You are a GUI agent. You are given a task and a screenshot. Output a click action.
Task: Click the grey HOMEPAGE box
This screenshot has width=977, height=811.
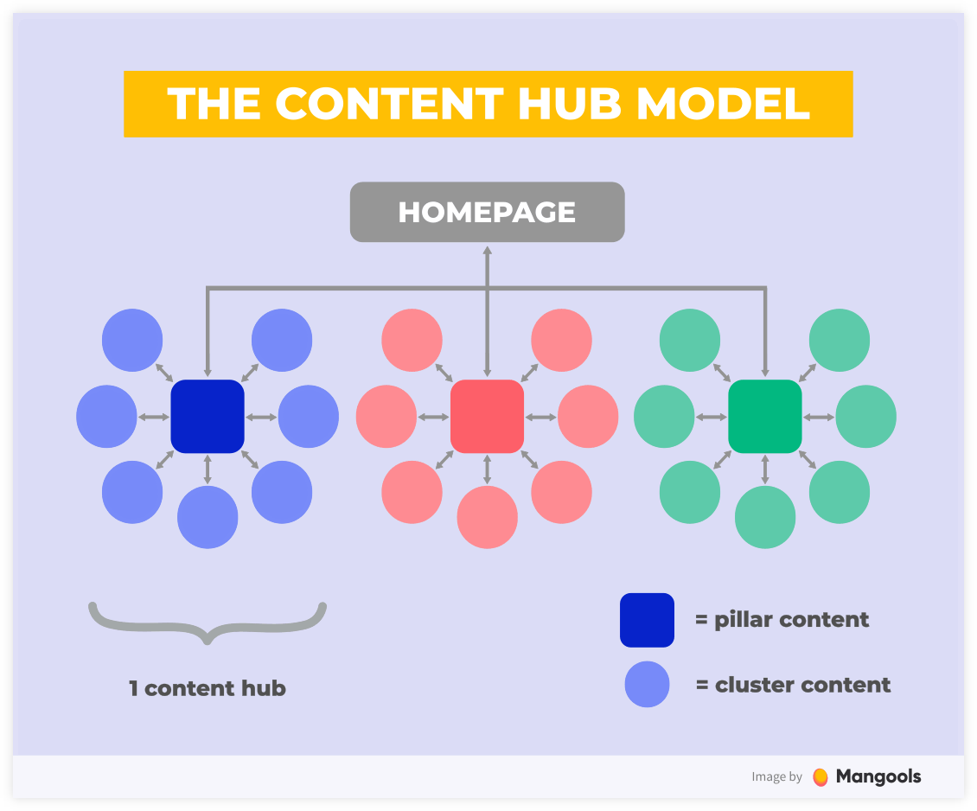(488, 212)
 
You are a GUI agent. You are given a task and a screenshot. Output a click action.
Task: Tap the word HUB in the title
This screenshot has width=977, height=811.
(570, 104)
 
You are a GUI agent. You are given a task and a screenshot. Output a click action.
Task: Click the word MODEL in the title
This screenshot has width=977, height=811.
(723, 104)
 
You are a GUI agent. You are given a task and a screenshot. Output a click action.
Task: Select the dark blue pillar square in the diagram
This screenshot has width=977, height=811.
(208, 416)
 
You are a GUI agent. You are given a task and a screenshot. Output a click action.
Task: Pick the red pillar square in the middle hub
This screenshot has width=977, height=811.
(488, 416)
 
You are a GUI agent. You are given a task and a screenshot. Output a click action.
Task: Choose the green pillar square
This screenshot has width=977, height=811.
(765, 416)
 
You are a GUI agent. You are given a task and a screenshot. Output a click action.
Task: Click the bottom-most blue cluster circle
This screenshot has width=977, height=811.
(208, 517)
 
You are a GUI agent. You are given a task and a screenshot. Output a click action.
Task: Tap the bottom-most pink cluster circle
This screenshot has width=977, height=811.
(488, 517)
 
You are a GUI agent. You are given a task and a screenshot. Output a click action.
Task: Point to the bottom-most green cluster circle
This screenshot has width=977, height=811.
(765, 517)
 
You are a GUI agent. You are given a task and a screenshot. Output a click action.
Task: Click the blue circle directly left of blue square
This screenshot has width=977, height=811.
(106, 416)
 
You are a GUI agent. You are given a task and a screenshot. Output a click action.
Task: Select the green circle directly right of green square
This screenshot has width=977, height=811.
(866, 416)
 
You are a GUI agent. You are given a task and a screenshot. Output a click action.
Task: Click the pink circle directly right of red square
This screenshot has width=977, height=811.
(588, 416)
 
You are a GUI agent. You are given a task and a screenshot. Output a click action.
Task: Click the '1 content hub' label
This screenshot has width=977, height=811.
(208, 688)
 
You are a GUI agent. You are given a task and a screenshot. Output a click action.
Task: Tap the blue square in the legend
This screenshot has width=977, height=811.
(647, 620)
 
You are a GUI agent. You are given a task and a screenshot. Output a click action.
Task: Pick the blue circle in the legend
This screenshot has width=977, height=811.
(648, 685)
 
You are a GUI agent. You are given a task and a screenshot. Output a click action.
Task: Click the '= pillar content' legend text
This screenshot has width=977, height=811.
(782, 620)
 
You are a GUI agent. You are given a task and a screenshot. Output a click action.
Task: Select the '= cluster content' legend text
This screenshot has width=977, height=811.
(793, 685)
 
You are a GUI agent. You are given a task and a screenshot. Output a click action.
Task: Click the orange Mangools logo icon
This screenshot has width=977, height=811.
(821, 776)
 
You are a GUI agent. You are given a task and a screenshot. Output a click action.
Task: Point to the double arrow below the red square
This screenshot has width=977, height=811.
(488, 469)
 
